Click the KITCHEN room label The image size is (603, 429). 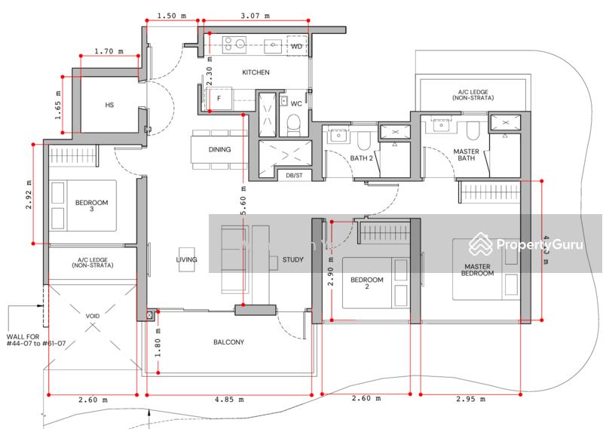[256, 72]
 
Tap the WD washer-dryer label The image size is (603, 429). [297, 47]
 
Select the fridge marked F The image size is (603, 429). [219, 98]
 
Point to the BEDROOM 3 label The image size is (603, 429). [92, 207]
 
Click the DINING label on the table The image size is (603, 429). [220, 149]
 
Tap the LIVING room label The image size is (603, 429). [186, 259]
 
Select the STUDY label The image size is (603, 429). [293, 260]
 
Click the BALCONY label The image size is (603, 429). [228, 342]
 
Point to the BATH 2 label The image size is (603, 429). [362, 158]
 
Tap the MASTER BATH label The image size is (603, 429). [467, 155]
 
